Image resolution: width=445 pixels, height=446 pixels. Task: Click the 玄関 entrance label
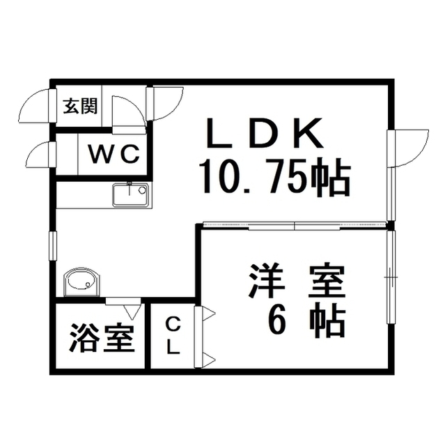click(x=80, y=106)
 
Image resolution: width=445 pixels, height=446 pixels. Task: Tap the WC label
click(x=114, y=154)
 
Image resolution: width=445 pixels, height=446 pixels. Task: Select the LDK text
click(x=265, y=133)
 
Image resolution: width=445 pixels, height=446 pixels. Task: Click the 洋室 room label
click(x=297, y=281)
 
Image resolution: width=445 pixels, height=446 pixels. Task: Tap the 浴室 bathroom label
click(x=102, y=337)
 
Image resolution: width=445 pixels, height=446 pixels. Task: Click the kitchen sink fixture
click(x=130, y=195)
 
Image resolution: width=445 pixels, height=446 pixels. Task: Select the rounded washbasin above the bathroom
click(x=82, y=282)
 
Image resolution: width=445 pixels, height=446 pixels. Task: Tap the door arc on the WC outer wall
click(x=38, y=155)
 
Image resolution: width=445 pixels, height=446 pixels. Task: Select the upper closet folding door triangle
click(x=208, y=314)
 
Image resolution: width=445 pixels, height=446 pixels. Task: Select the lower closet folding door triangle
click(x=208, y=360)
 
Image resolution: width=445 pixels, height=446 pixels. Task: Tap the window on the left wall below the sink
click(x=53, y=246)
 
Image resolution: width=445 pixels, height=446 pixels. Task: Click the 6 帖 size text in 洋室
click(x=306, y=321)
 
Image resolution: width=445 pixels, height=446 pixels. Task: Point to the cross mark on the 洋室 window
click(x=391, y=277)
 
